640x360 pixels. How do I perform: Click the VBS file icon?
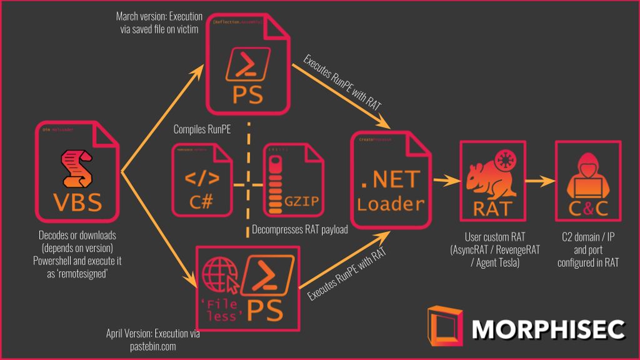click(78, 172)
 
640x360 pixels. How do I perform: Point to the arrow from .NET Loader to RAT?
click(445, 181)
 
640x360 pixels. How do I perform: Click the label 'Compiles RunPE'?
click(201, 131)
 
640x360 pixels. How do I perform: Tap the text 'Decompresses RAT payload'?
click(299, 229)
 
